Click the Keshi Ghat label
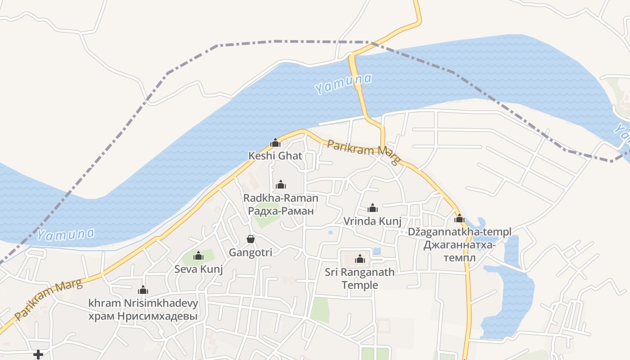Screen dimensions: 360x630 275,156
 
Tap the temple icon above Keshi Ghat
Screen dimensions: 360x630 275,143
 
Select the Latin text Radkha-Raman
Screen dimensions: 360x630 280,198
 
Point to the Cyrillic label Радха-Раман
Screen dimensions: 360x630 280,211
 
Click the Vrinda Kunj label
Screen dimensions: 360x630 372,221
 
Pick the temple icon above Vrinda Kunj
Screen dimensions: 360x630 372,208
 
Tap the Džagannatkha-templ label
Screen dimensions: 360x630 459,232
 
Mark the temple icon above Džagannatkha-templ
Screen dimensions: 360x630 459,219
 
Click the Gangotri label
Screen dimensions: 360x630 251,252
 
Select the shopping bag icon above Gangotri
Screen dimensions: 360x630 251,239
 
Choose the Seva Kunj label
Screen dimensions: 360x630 198,269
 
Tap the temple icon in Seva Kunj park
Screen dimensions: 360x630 198,256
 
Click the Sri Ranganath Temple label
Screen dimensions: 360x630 360,279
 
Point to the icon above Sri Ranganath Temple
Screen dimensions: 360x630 360,259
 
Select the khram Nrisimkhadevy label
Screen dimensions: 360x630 143,303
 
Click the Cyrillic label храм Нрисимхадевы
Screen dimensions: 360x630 143,316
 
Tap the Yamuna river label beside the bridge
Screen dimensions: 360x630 343,84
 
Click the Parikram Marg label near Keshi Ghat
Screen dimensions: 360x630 364,152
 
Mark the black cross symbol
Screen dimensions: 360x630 38,355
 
